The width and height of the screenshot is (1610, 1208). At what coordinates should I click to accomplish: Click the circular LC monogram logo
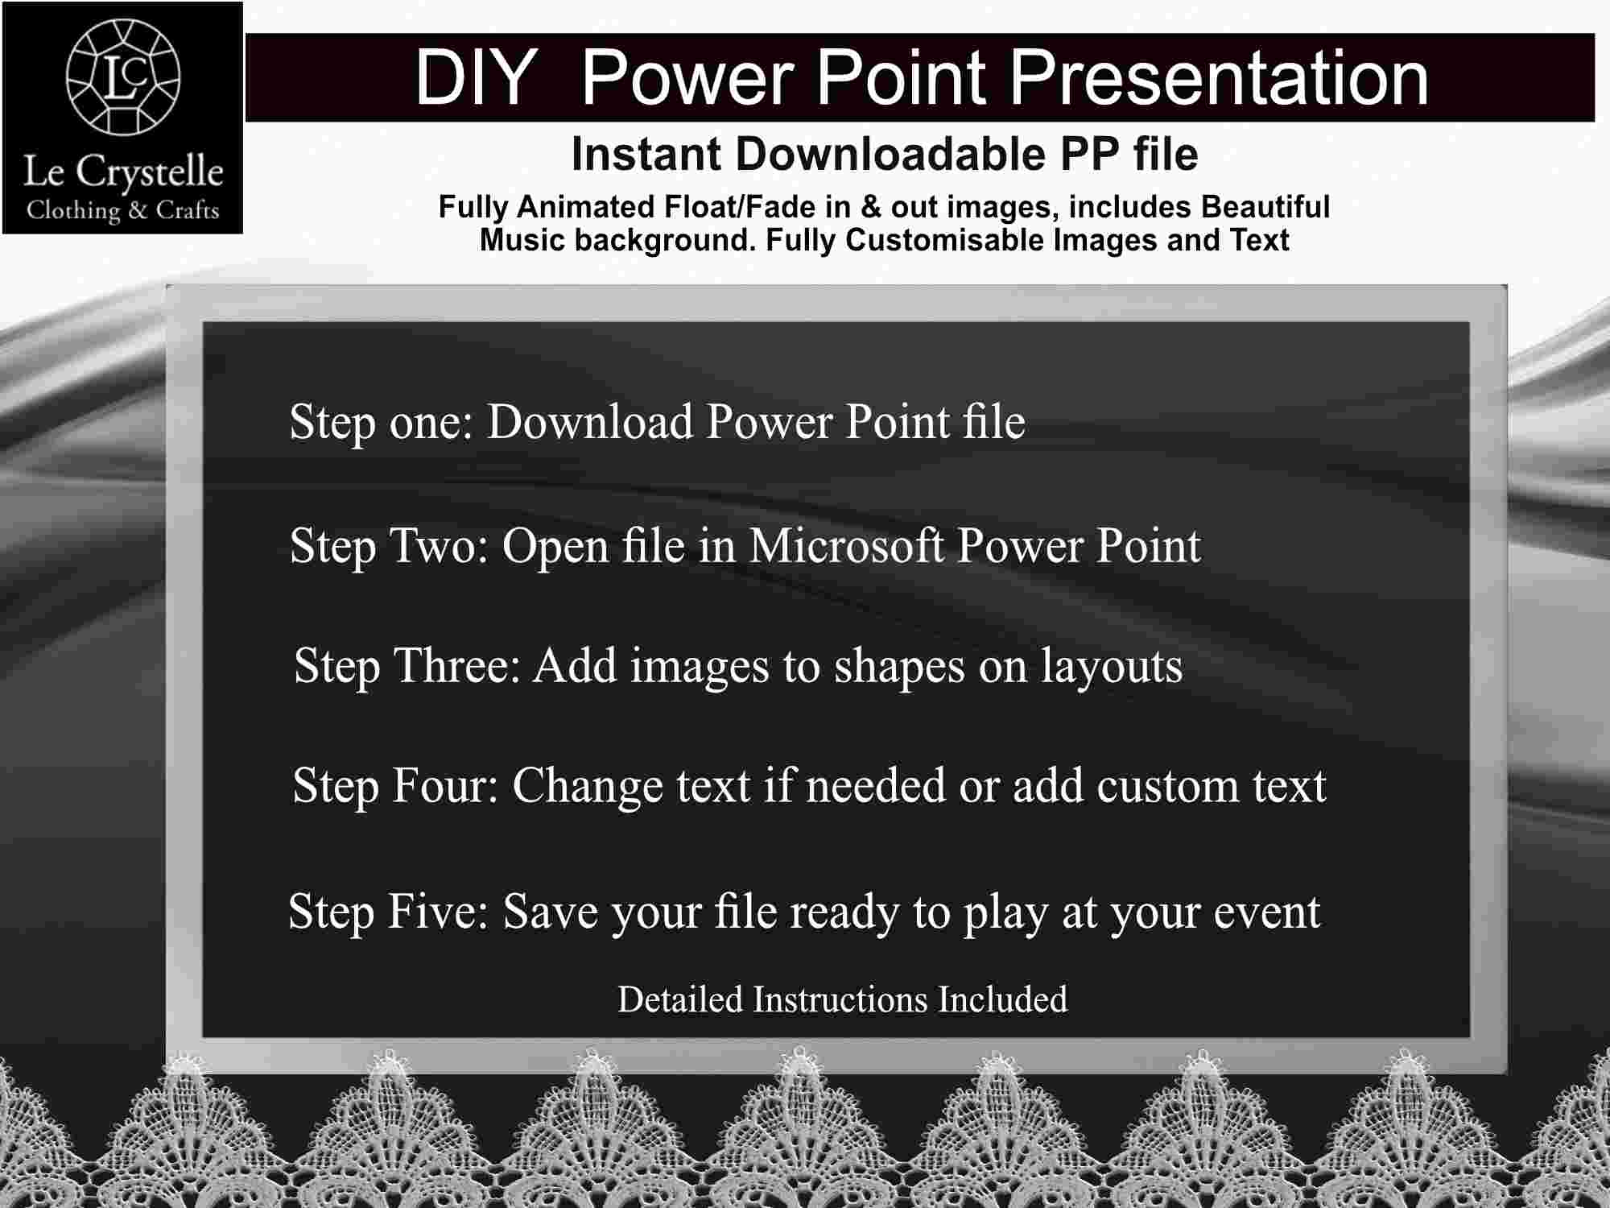tap(123, 77)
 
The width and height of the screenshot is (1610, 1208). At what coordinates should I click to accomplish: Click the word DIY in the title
tap(476, 77)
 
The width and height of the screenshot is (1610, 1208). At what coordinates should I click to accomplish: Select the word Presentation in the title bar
tap(1219, 77)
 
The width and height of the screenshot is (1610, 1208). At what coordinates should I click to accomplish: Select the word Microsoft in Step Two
tap(846, 546)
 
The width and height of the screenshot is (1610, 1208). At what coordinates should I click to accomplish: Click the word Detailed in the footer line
tap(680, 999)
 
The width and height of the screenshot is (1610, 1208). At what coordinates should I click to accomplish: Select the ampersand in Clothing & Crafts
tap(138, 211)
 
